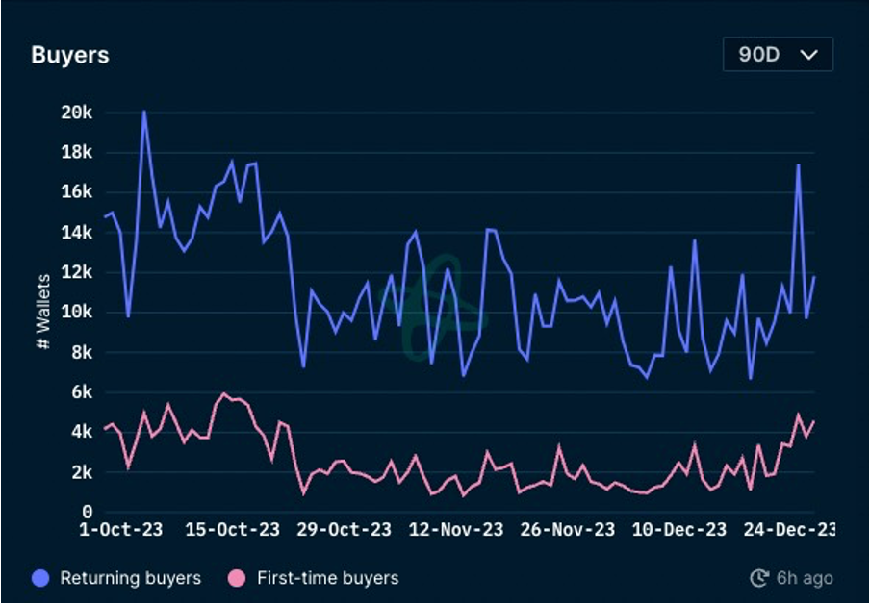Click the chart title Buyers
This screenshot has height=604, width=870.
[x=70, y=55]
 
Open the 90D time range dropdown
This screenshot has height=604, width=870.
[x=778, y=55]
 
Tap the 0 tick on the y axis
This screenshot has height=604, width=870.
[x=87, y=512]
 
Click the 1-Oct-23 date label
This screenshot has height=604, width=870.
[x=120, y=530]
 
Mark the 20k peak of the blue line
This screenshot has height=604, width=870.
[x=143, y=112]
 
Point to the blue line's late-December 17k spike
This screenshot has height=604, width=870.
[x=798, y=165]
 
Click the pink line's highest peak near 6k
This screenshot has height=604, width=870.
[x=223, y=393]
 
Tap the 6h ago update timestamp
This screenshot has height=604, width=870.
[x=792, y=578]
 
